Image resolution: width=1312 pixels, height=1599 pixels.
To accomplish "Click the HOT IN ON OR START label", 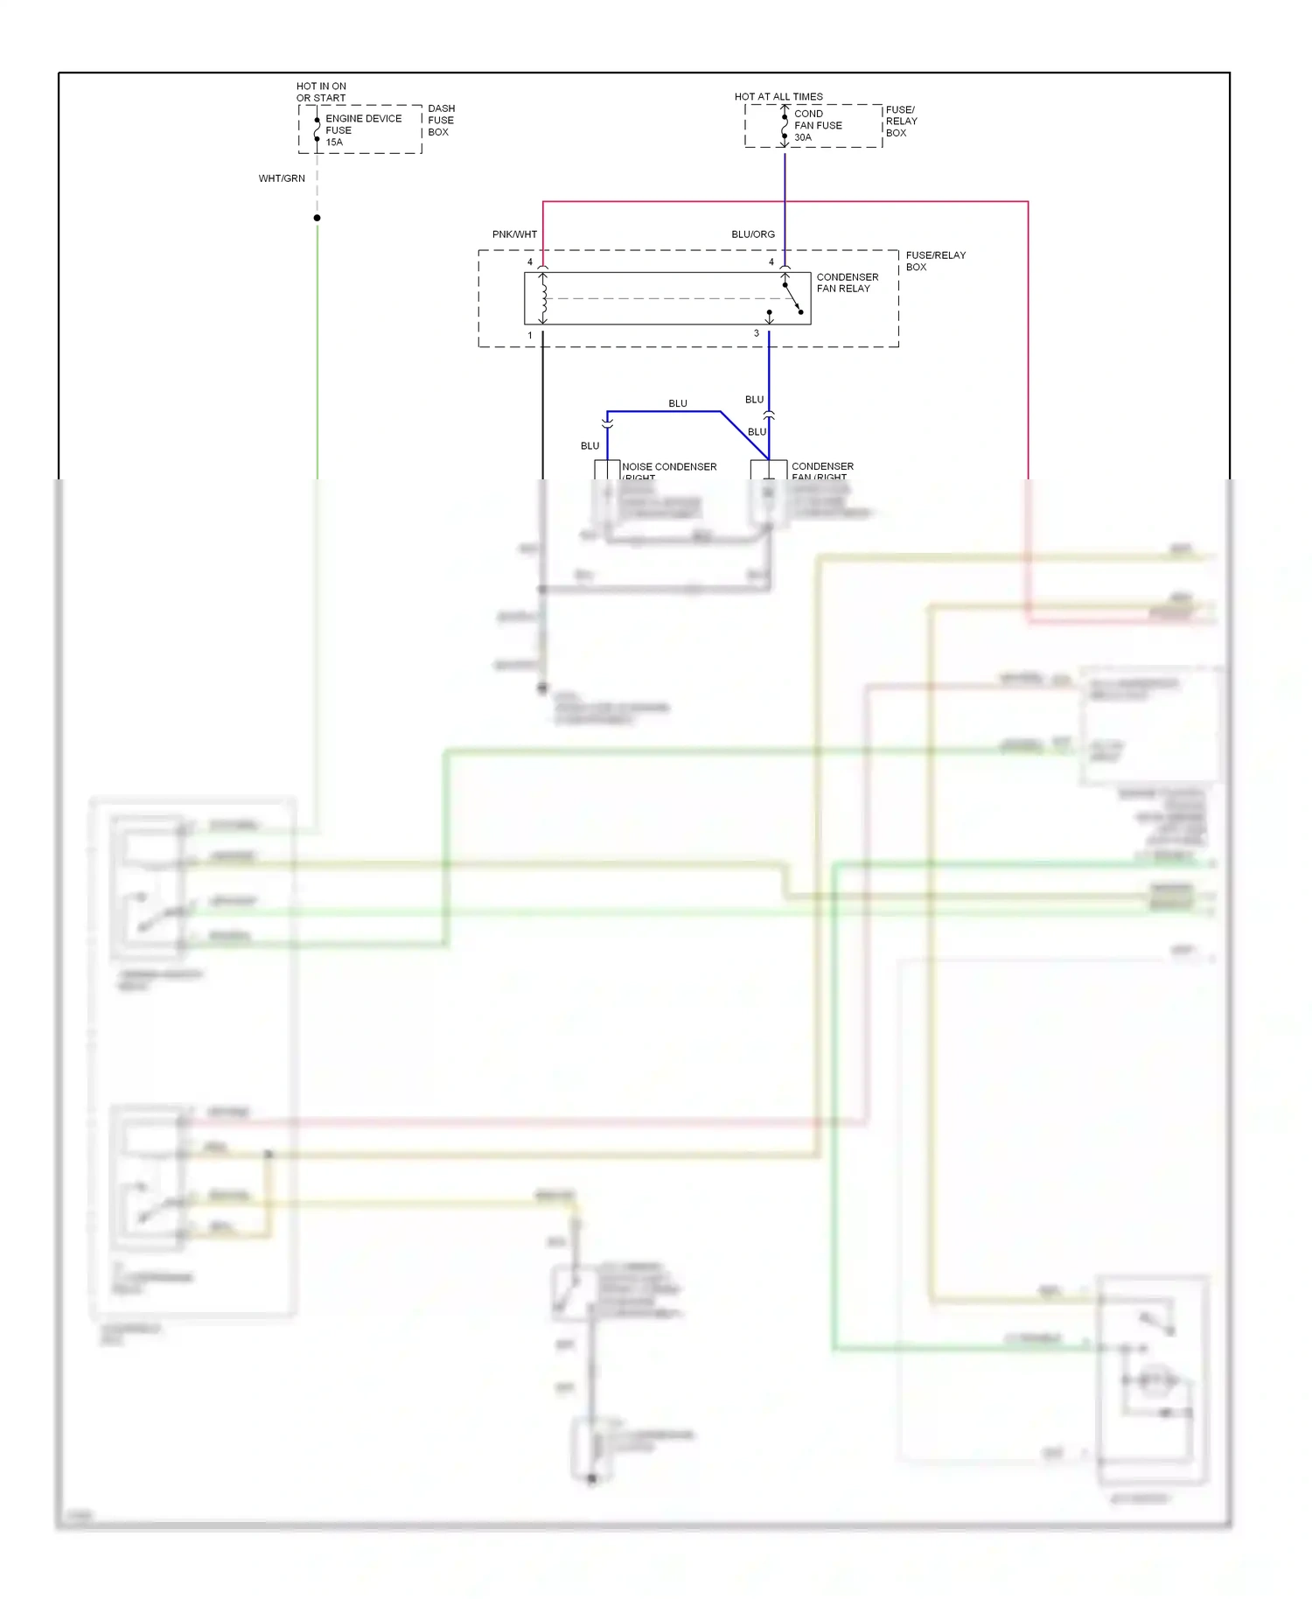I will pos(321,92).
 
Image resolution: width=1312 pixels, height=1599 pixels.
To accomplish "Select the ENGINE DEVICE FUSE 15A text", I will pos(363,130).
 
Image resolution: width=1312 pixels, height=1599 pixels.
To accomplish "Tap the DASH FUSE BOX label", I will pos(441,121).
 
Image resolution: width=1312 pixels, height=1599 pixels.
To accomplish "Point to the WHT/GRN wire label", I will pos(282,178).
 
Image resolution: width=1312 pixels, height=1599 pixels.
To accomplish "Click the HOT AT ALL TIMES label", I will pos(778,97).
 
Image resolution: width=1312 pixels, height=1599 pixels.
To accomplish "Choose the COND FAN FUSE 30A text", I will pos(818,125).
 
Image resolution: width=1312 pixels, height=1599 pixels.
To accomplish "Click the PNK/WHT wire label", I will pos(514,234).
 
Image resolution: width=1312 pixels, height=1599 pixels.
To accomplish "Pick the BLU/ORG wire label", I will pos(753,234).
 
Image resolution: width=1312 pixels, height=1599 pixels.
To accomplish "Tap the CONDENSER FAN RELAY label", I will pos(847,283).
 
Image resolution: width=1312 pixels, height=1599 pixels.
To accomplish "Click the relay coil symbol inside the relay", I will pos(543,298).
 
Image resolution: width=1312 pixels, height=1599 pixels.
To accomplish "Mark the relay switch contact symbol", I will pos(792,298).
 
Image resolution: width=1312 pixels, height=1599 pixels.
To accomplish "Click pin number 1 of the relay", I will pos(530,336).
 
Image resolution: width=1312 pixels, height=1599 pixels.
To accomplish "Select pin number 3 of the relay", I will pos(757,334).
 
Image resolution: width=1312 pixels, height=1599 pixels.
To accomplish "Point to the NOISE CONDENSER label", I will pos(669,467).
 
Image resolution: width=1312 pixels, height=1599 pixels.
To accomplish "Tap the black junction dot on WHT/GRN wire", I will pos(318,218).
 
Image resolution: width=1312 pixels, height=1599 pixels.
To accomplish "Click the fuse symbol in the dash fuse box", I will pos(317,129).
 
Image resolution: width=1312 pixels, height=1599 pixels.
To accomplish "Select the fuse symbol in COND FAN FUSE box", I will pos(785,126).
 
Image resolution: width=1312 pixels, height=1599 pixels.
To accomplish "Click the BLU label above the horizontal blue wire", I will pos(678,403).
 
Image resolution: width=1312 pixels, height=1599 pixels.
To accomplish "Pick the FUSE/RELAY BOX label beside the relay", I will pos(935,261).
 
